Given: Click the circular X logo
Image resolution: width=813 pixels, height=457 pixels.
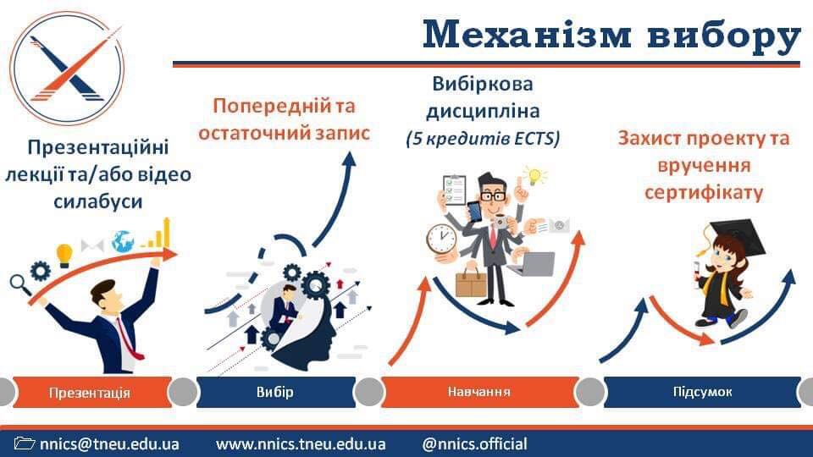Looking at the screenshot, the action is (67, 69).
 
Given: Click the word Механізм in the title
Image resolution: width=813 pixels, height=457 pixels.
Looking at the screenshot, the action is (527, 35).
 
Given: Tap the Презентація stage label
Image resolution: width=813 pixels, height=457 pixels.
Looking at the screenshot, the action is (89, 392).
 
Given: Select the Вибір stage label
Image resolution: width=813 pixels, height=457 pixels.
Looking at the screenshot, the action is (274, 392).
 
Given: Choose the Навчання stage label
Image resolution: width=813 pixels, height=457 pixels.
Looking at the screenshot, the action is (479, 392).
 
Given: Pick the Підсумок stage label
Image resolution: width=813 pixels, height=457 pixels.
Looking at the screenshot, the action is (703, 392).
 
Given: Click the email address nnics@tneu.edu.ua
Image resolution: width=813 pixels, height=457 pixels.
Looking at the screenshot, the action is (109, 444).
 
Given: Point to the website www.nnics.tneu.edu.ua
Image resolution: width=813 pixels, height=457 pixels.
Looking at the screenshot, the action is (301, 444).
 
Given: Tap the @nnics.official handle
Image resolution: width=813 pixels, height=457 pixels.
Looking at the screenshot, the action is (474, 444).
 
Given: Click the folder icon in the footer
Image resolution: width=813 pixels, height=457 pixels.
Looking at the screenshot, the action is (25, 443).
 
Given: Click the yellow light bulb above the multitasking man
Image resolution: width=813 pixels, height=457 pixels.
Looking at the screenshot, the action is (535, 176).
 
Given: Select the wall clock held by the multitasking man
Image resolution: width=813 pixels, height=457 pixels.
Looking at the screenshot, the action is (441, 239).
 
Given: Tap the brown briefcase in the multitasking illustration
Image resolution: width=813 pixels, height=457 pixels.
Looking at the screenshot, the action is (471, 283).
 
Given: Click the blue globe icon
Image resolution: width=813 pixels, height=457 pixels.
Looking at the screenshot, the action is (123, 241).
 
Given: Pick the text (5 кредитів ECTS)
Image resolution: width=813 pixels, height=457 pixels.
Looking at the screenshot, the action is (484, 138).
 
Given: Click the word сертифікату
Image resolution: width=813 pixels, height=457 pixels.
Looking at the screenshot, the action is (704, 193).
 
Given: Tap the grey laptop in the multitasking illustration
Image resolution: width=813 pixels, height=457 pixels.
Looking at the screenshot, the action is (532, 264).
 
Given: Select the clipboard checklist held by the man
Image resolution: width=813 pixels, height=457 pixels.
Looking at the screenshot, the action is (455, 190).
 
